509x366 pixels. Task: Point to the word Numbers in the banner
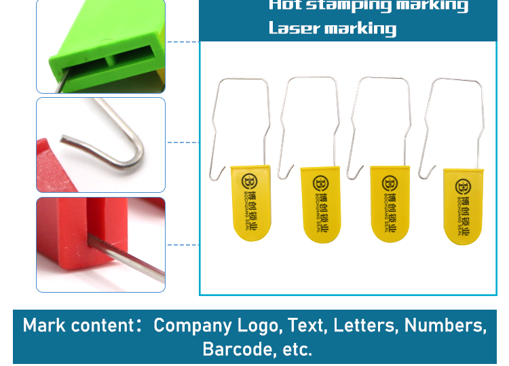445,325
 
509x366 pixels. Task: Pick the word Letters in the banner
364,325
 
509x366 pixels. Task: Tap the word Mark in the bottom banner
44,325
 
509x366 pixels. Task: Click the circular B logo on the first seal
250,181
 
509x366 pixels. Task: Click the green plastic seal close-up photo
101,46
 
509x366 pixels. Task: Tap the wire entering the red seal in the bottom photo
129,258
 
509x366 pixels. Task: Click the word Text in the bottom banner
306,325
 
